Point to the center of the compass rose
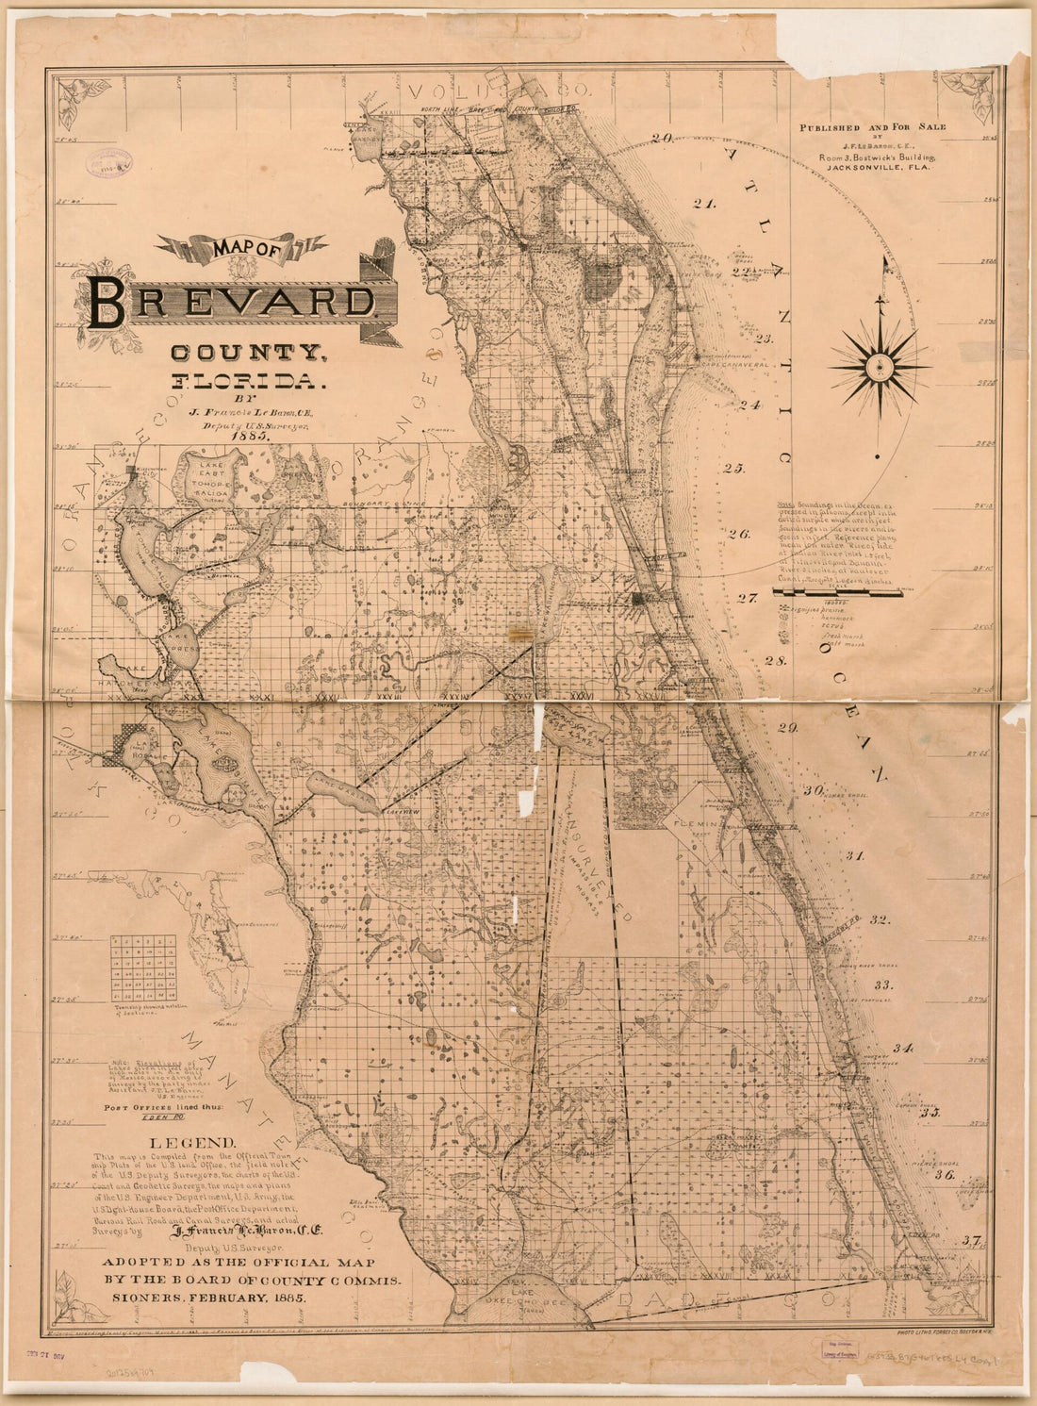pyautogui.click(x=879, y=363)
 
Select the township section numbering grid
pyautogui.click(x=143, y=969)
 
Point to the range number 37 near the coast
pyautogui.click(x=973, y=1241)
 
